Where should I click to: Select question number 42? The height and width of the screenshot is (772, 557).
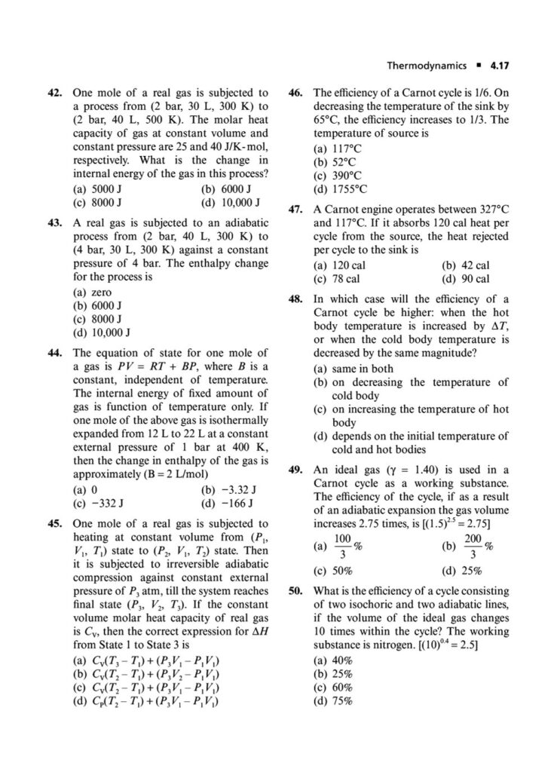(x=56, y=93)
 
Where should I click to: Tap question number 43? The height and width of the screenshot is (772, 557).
(x=56, y=224)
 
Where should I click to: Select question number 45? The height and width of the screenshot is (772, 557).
(x=56, y=522)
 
